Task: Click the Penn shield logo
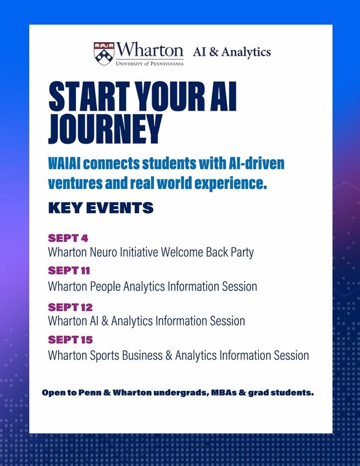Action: [x=104, y=52]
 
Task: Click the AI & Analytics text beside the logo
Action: [x=232, y=52]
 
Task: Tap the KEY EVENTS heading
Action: [x=100, y=208]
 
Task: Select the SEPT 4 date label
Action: [x=67, y=238]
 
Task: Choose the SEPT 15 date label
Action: [x=70, y=340]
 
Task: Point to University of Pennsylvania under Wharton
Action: [x=150, y=63]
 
